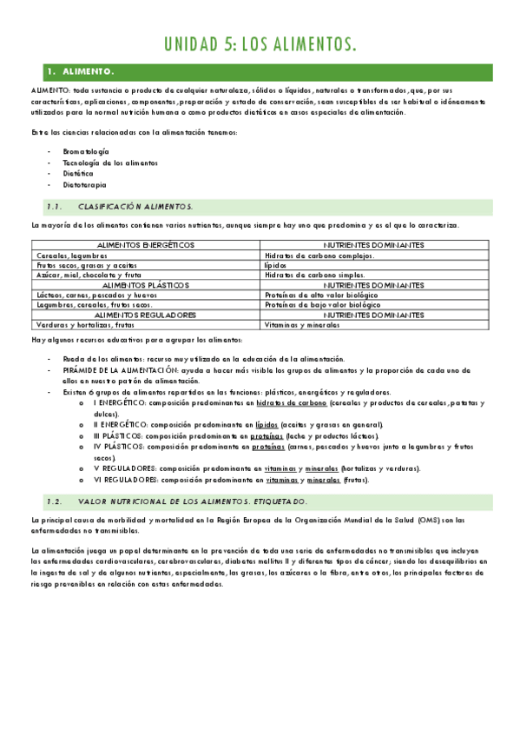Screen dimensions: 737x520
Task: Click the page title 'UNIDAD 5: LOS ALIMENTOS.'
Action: tap(260, 44)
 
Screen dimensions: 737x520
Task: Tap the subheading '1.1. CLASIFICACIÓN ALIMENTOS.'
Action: tap(121, 207)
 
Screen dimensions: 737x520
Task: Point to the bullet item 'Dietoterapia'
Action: tap(85, 184)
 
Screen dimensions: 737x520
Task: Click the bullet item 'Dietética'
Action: tap(78, 173)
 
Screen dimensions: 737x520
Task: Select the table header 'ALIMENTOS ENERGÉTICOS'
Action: tap(145, 246)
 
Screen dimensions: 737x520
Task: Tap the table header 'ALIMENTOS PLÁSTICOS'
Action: tap(145, 285)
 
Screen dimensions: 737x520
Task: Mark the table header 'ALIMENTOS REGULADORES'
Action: tap(145, 315)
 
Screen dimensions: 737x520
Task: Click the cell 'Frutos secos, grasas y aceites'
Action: tap(86, 265)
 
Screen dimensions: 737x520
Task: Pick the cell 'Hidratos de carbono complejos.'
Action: tap(319, 256)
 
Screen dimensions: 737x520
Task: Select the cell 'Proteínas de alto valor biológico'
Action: tap(322, 295)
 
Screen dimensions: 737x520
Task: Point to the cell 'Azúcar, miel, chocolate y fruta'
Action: tap(88, 276)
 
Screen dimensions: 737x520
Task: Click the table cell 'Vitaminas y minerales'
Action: tap(302, 324)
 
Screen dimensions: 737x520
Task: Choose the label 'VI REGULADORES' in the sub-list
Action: tap(120, 479)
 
